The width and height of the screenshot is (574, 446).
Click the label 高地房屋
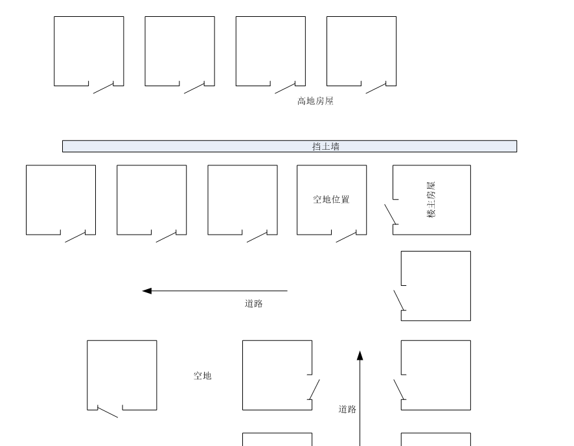click(316, 101)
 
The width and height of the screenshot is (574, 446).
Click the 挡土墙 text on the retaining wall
click(326, 147)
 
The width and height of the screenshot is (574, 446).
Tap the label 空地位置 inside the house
click(332, 200)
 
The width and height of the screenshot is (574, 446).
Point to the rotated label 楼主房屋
click(431, 200)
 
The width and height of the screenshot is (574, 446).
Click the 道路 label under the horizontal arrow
click(254, 303)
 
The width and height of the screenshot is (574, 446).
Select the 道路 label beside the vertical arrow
click(347, 409)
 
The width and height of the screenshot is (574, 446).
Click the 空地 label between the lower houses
click(202, 375)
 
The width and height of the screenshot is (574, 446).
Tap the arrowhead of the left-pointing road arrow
click(147, 291)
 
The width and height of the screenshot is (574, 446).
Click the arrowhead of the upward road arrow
click(360, 355)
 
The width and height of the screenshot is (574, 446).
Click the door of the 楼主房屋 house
click(391, 214)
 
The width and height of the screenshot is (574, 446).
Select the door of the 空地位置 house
click(346, 236)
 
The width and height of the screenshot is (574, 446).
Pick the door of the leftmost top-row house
click(104, 88)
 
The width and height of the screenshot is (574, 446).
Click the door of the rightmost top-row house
click(376, 88)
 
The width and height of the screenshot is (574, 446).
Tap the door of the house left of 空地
click(108, 412)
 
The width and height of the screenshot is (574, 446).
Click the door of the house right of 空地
click(314, 389)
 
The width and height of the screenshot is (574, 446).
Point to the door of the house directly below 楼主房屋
click(399, 300)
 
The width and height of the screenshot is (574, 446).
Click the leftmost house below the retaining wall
click(61, 200)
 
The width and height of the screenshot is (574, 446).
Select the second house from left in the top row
click(179, 51)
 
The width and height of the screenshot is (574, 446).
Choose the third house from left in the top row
click(270, 51)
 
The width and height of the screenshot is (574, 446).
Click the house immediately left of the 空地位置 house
click(242, 200)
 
